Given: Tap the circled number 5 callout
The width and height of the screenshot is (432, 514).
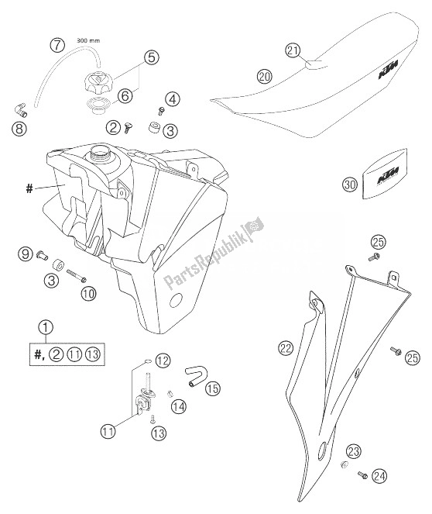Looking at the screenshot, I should (x=151, y=57).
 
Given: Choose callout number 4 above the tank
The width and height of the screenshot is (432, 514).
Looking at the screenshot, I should (x=172, y=98).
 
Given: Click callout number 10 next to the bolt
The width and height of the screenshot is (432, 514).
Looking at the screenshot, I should (x=87, y=293).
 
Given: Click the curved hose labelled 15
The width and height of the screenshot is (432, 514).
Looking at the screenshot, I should (x=197, y=378).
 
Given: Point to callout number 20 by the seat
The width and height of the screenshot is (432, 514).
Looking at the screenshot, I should (x=264, y=76).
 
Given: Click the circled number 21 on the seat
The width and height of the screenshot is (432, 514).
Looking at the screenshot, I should (x=292, y=51).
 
